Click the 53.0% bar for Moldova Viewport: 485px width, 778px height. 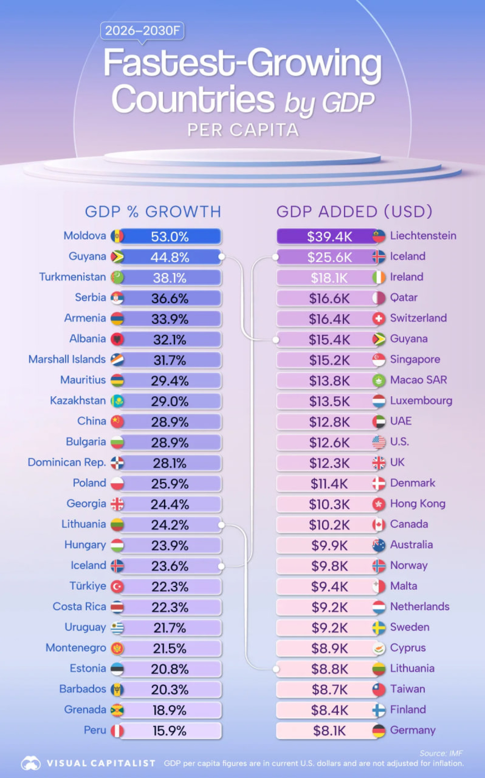coord(170,237)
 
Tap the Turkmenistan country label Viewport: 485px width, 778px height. coord(72,277)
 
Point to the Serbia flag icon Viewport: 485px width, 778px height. coord(117,298)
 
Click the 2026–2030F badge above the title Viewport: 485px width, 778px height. coord(142,31)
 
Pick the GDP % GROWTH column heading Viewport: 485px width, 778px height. coord(153,212)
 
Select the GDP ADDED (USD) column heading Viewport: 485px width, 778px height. coord(354,212)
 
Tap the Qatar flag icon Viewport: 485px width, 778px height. coord(379,298)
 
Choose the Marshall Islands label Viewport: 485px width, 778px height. coord(67,359)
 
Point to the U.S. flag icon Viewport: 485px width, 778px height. coord(379,442)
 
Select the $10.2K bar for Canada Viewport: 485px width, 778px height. coord(329,525)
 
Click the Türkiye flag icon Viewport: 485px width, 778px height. coord(117,587)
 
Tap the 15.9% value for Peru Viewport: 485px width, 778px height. coord(170,731)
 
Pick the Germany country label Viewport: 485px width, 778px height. coord(413,730)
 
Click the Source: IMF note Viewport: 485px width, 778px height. coord(441,753)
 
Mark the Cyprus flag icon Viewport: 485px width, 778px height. coord(379,648)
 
